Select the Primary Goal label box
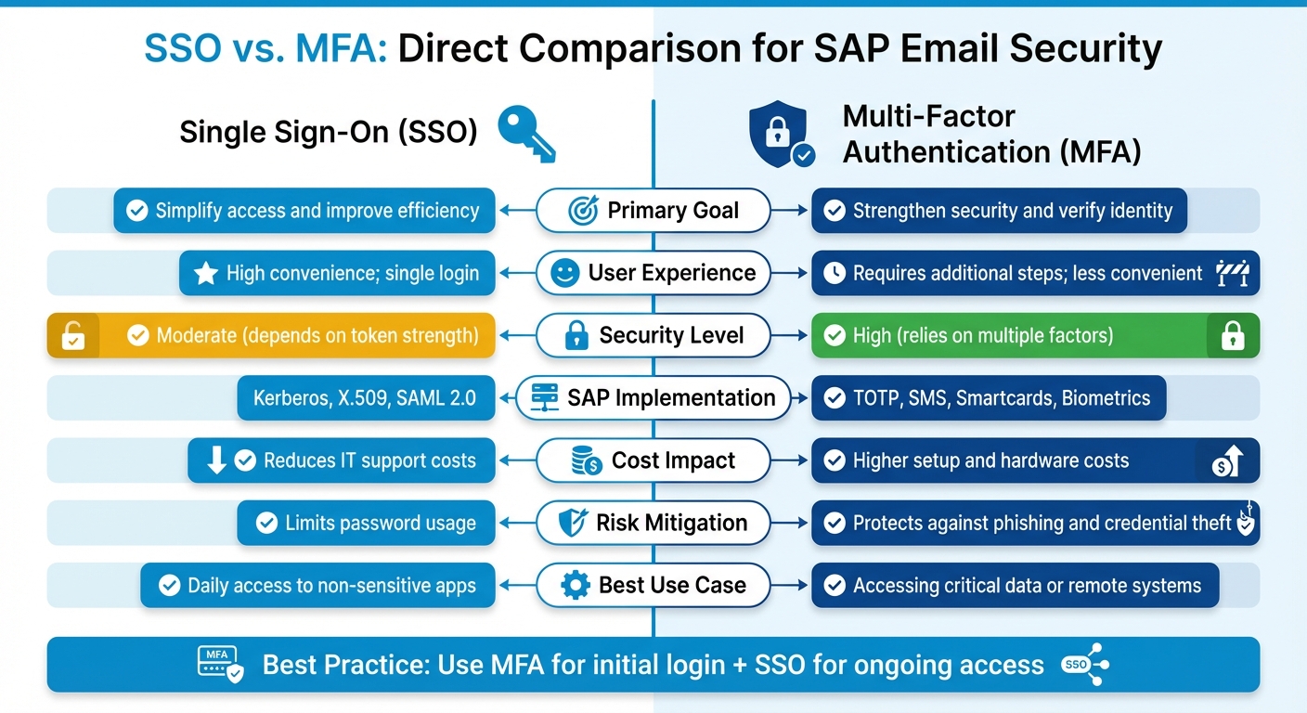click(x=653, y=210)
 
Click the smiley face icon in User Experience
click(x=564, y=273)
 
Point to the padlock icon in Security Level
click(x=576, y=335)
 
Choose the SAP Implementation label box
click(x=653, y=397)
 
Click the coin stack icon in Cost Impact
click(x=586, y=460)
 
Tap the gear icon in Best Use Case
click(x=576, y=585)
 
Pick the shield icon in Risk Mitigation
click(x=572, y=523)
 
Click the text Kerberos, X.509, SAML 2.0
click(x=364, y=398)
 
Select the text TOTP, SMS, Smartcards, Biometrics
click(x=1001, y=398)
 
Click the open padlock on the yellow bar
click(x=72, y=336)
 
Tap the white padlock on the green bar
click(x=1233, y=335)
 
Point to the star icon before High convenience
click(x=205, y=273)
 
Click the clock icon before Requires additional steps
click(x=835, y=273)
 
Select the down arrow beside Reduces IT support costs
click(x=216, y=460)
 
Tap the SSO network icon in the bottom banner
click(x=1085, y=665)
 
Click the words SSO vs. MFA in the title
click(x=266, y=48)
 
